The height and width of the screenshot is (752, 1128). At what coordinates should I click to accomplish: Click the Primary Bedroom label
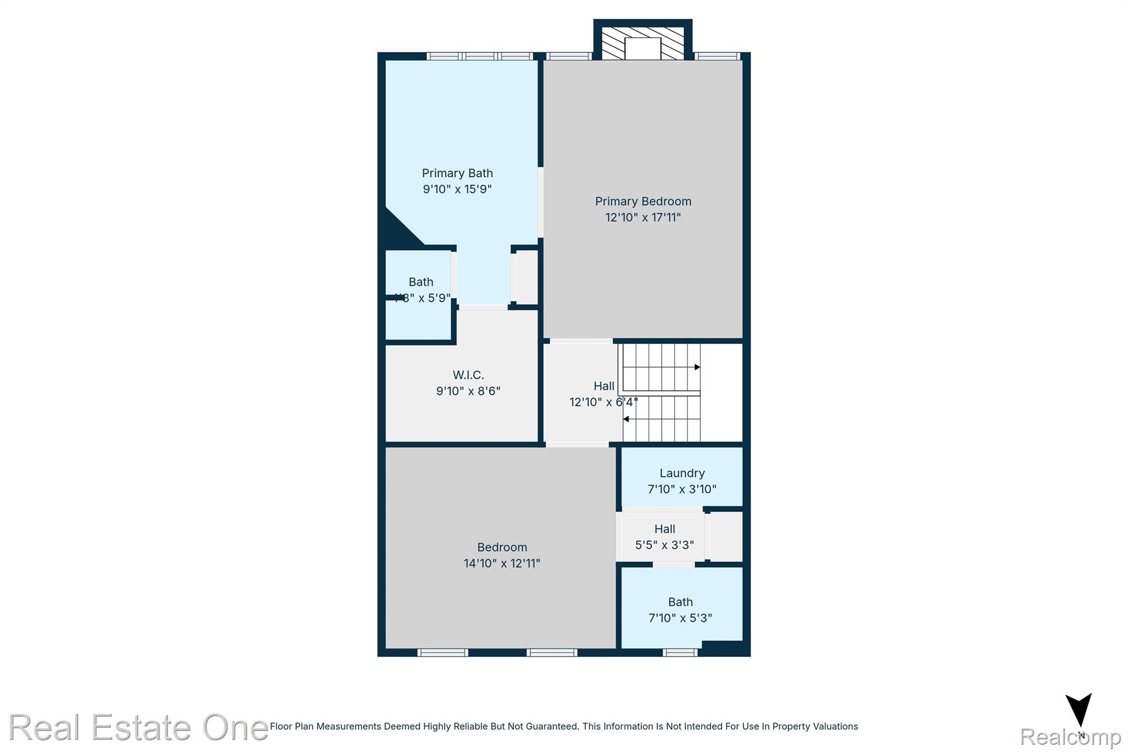643,201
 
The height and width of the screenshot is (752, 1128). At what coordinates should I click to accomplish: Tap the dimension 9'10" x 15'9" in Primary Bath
457,189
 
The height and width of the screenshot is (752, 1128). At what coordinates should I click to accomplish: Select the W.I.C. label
468,375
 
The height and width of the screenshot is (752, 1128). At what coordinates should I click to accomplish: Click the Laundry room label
682,473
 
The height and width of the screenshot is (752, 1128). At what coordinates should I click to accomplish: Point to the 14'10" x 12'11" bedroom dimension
502,563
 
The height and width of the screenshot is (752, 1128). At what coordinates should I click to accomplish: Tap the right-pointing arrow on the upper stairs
697,367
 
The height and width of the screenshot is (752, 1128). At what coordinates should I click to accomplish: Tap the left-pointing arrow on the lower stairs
626,419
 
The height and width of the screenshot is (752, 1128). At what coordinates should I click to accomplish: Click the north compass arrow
1078,711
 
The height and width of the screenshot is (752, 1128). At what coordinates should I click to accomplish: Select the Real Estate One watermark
138,727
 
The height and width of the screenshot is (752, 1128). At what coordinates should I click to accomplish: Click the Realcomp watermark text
1070,737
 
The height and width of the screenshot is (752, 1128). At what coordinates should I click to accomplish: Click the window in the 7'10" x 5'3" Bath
680,652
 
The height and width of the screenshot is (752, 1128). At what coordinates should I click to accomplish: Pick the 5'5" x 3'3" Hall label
664,529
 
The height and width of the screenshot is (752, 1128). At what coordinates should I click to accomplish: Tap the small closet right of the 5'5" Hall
726,537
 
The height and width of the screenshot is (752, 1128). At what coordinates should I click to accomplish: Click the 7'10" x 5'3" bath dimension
680,618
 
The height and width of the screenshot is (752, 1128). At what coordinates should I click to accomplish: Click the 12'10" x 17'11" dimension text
643,217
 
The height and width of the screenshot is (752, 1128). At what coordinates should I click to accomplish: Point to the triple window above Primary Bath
480,56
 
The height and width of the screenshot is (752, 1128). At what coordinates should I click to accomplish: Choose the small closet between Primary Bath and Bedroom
525,277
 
